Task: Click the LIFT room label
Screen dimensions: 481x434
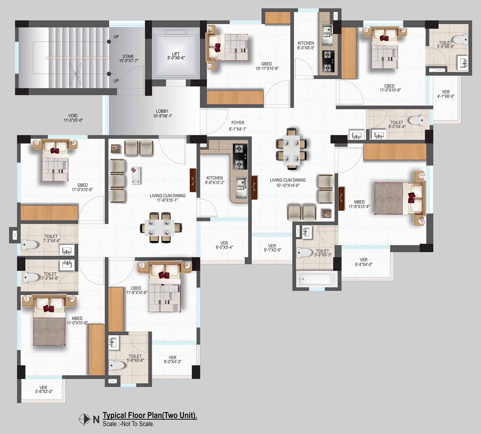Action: [x=176, y=56]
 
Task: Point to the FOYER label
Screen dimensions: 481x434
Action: [x=238, y=123]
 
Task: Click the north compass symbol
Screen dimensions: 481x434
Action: [x=84, y=419]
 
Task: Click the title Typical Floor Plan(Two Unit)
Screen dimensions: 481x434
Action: [x=150, y=415]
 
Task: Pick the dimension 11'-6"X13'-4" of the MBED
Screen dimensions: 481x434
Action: [x=359, y=207]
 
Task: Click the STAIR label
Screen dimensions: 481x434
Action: [x=128, y=56]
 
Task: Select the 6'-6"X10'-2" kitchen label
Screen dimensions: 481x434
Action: [x=215, y=183]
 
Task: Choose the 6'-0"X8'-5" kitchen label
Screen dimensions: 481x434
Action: [x=306, y=48]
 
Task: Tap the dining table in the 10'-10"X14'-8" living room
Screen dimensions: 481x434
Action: [x=292, y=150]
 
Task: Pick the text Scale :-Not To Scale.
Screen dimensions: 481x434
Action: [x=128, y=424]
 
